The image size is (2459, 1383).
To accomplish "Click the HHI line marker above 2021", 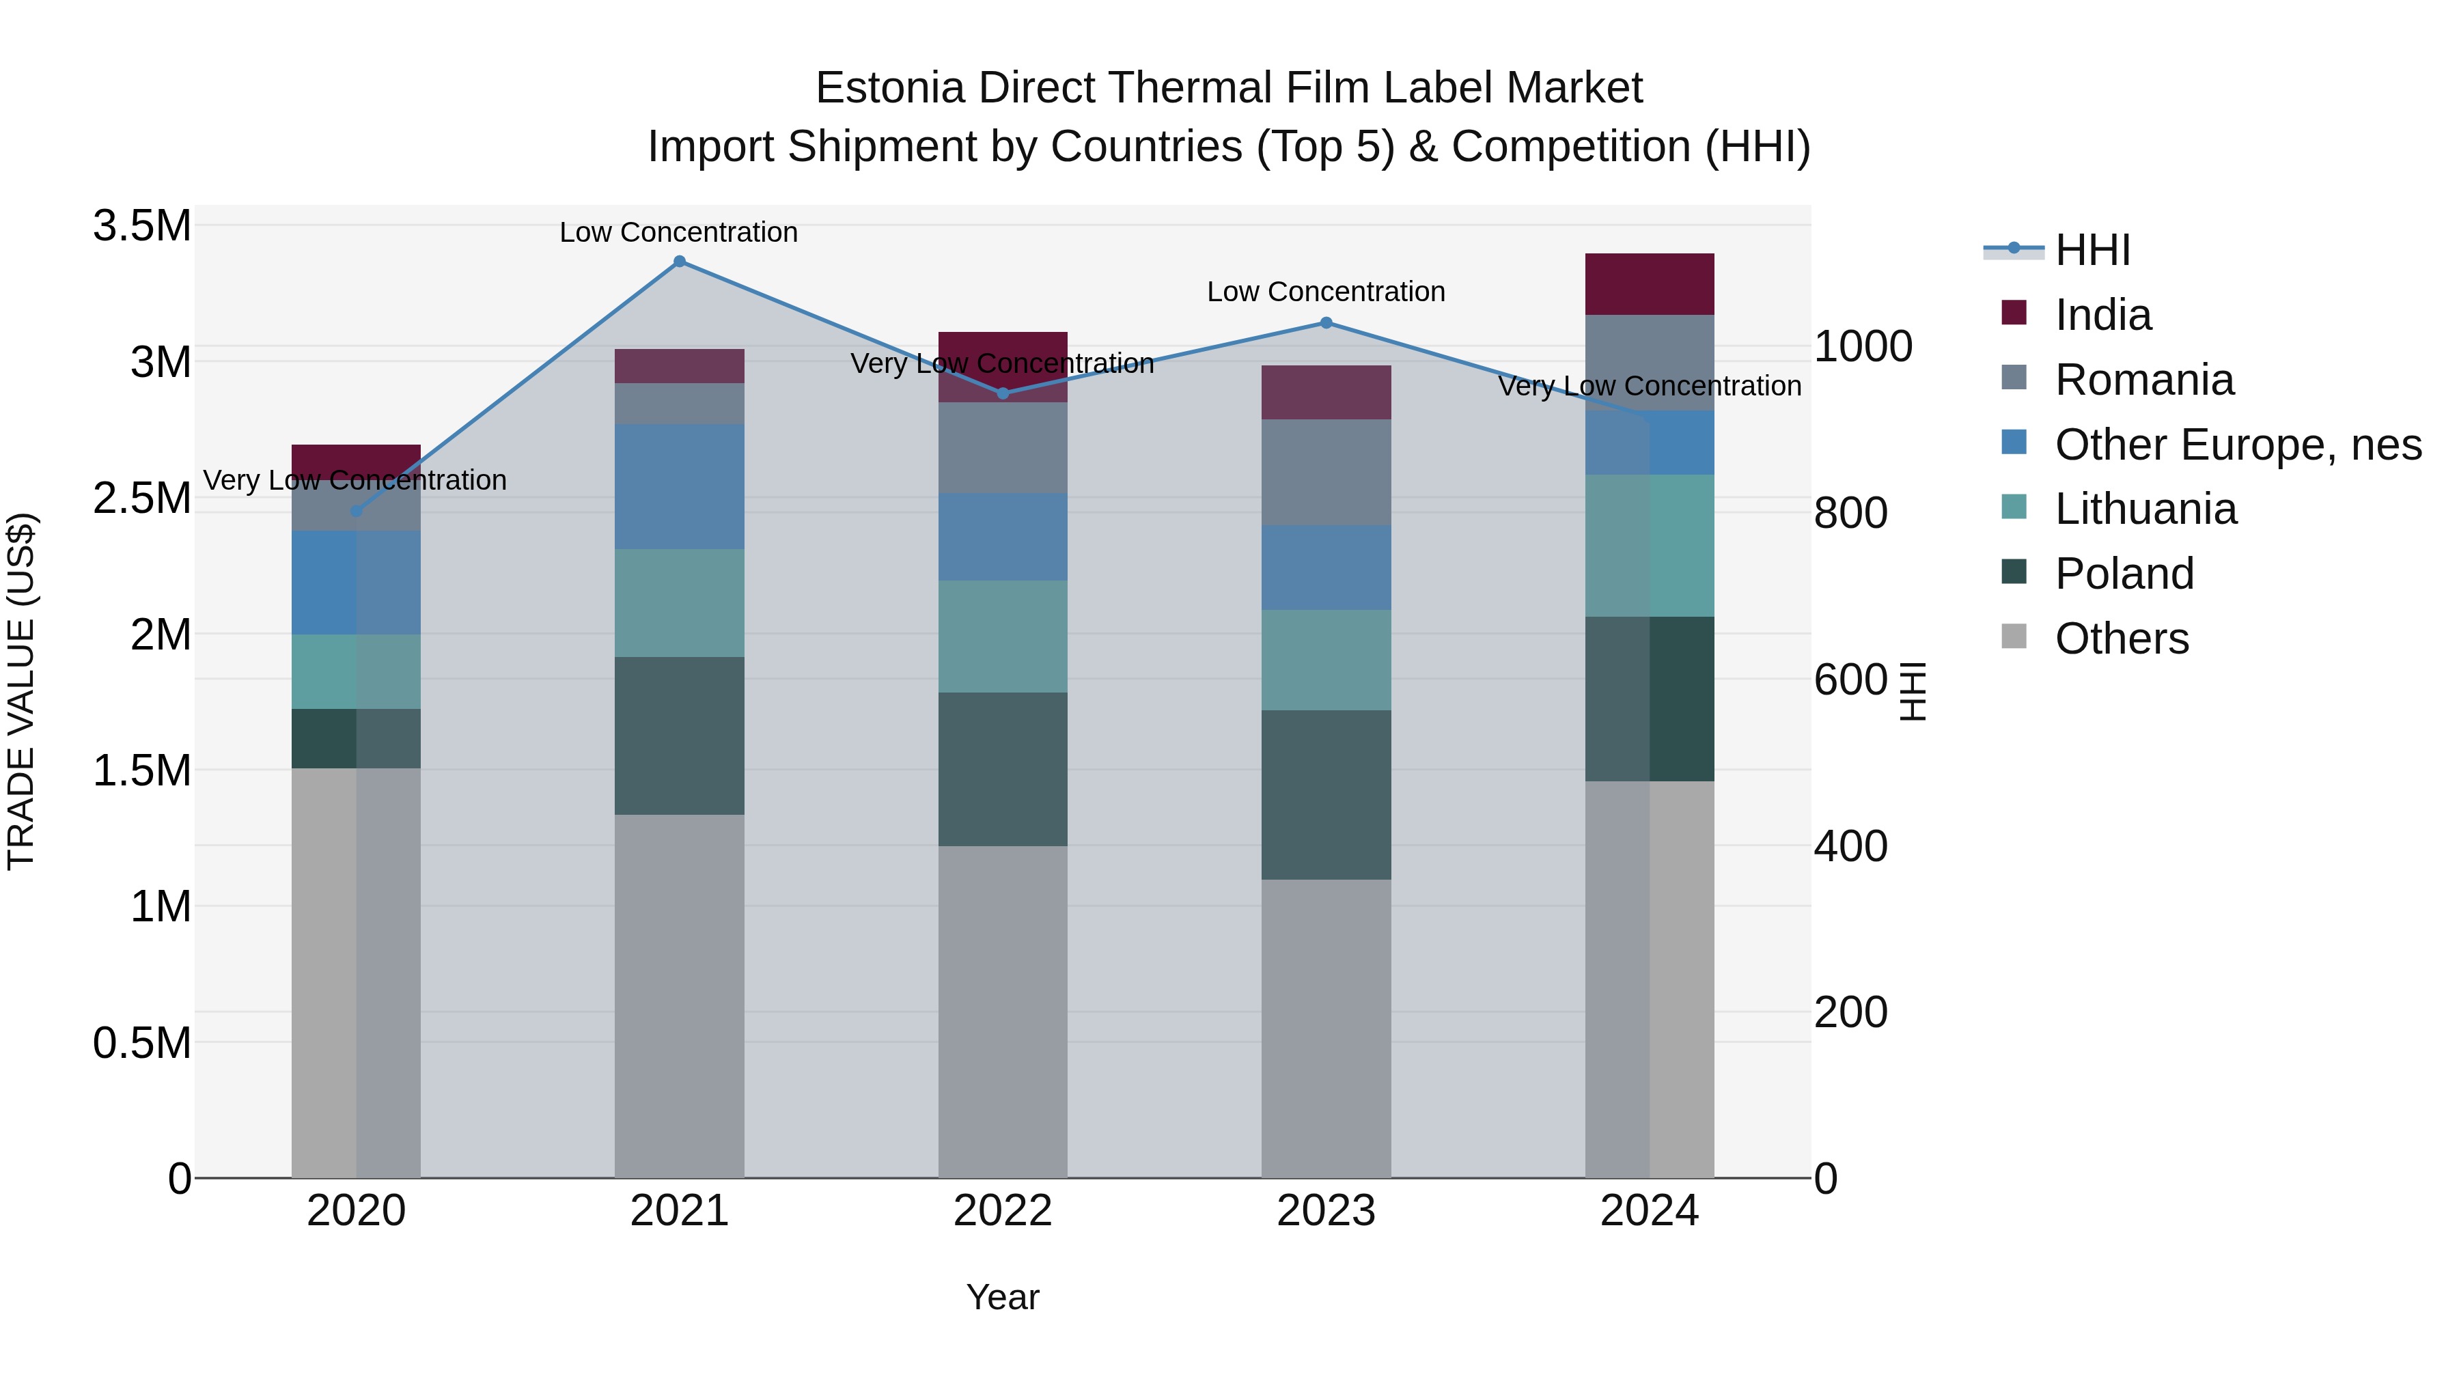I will click(680, 262).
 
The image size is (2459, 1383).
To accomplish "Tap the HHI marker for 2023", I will click(1326, 322).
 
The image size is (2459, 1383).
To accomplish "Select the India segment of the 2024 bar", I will click(1650, 284).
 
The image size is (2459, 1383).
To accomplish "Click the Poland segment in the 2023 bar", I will click(1326, 794).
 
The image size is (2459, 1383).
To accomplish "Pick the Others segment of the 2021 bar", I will click(680, 996).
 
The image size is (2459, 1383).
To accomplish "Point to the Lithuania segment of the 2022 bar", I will click(1002, 637).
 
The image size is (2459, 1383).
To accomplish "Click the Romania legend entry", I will click(2144, 380).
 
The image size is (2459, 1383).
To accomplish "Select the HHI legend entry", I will click(2092, 250).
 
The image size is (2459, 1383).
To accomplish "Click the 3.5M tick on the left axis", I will click(142, 227).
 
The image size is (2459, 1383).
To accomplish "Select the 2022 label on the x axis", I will click(1002, 1211).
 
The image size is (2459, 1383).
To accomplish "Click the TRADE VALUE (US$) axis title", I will click(22, 691).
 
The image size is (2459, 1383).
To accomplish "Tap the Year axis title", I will click(1002, 1297).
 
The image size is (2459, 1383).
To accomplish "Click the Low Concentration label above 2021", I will click(679, 232).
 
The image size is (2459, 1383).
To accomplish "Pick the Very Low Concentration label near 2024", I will click(1650, 386).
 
